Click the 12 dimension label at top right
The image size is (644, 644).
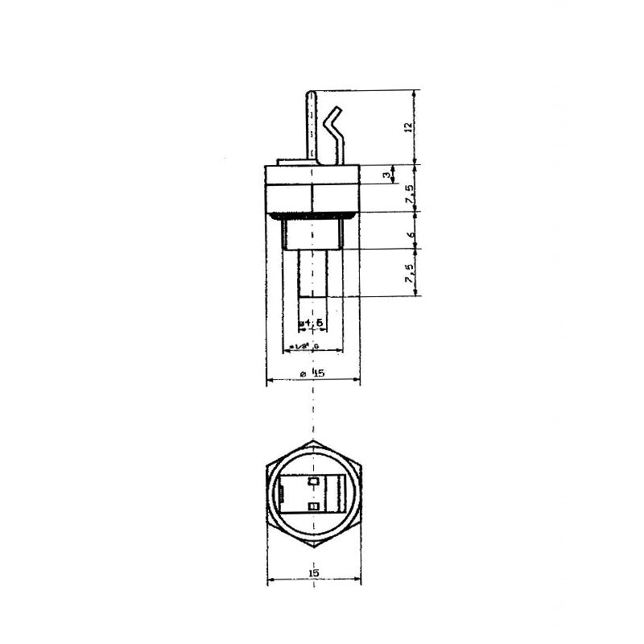(x=408, y=126)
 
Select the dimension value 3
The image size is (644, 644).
(x=387, y=175)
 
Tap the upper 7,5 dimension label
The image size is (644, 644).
(x=410, y=193)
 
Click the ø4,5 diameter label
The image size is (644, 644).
(x=312, y=323)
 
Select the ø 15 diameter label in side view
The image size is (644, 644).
(x=313, y=374)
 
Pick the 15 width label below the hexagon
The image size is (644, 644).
(x=313, y=572)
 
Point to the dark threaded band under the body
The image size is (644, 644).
(x=313, y=216)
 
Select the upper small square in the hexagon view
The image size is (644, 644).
(x=314, y=481)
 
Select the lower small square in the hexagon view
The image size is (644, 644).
(x=314, y=506)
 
